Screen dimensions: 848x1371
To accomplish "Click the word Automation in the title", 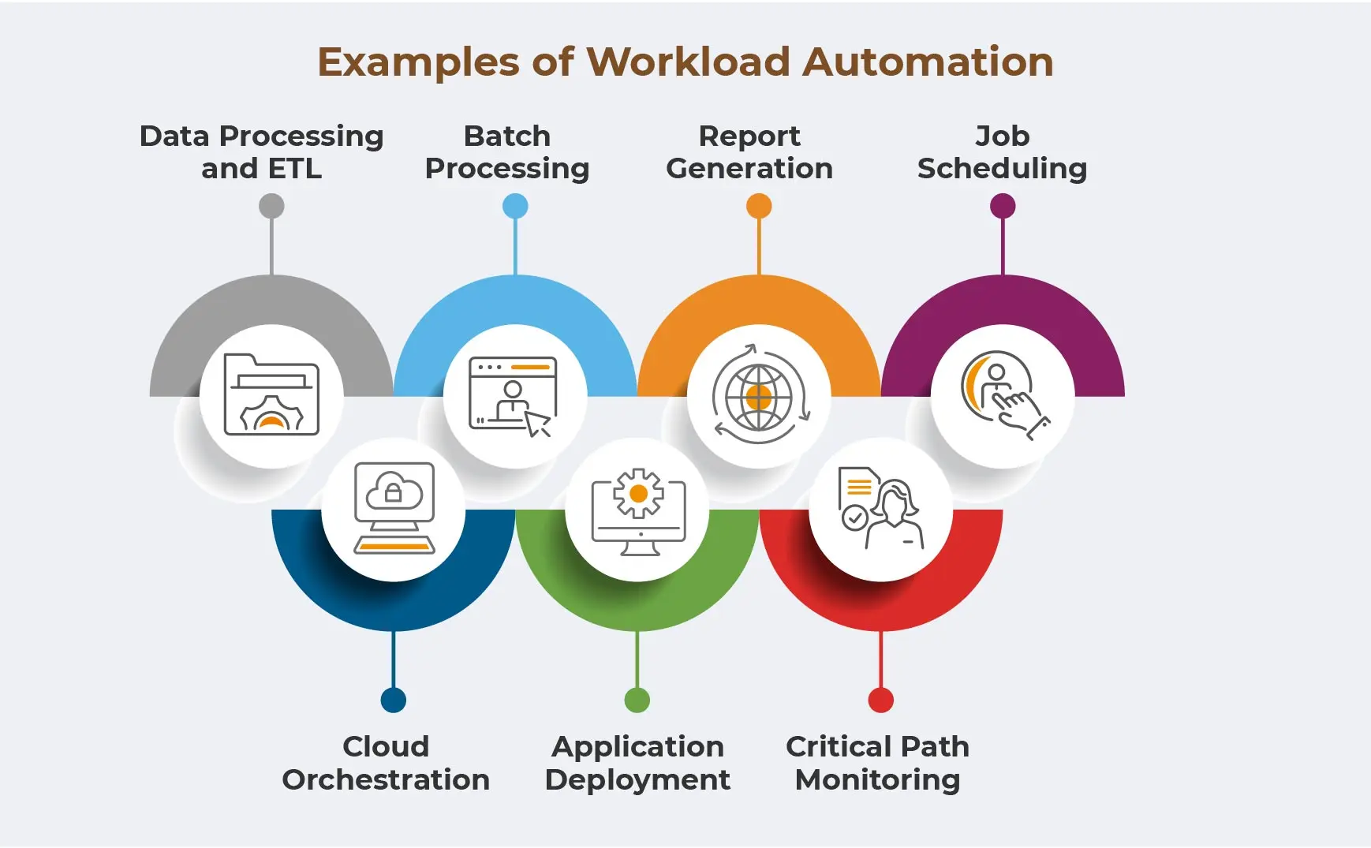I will click(x=928, y=62).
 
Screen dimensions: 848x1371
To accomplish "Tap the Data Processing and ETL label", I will click(x=261, y=152).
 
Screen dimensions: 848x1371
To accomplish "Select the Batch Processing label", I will click(x=507, y=152).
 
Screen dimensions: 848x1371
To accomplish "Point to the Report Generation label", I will click(x=749, y=152).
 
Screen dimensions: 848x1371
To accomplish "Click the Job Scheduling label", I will click(x=1002, y=152).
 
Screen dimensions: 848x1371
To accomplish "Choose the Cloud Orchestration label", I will click(x=386, y=763).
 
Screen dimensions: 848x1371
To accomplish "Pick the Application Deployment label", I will click(x=637, y=763).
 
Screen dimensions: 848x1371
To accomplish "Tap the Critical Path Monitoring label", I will click(x=877, y=763).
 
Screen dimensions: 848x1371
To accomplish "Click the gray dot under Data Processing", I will click(x=271, y=207).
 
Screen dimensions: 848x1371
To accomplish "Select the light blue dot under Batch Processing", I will click(x=515, y=207).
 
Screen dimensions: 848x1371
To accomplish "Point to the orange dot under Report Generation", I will click(x=759, y=207).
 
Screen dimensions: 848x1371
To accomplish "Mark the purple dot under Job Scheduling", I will click(x=1003, y=207).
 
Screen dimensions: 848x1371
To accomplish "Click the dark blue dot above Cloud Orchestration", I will click(x=394, y=700).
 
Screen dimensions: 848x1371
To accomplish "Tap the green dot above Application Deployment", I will click(x=637, y=700).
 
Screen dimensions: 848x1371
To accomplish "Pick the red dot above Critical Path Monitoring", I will click(x=881, y=700).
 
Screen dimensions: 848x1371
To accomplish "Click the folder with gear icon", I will click(x=271, y=395).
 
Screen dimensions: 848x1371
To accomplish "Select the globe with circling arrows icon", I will click(x=759, y=395).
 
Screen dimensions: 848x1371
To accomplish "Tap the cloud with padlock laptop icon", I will click(x=394, y=509).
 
